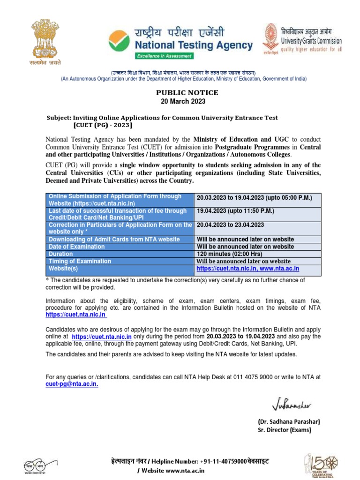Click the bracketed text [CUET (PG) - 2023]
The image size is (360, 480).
(x=103, y=126)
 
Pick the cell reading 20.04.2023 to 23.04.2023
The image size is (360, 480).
(x=231, y=225)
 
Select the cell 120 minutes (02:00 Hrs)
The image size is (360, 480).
(x=232, y=254)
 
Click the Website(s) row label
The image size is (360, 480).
(x=63, y=269)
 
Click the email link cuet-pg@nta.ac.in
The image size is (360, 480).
(x=72, y=383)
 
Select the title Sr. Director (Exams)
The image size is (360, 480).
(x=285, y=430)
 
